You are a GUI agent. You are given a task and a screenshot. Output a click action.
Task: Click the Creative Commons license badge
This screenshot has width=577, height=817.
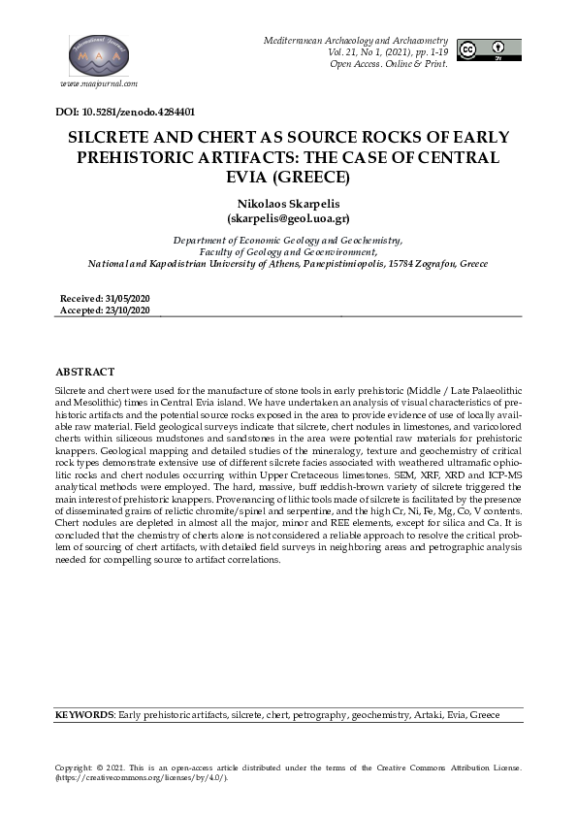click(489, 50)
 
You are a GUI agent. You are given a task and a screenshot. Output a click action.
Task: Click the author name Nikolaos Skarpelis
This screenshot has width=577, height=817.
click(287, 204)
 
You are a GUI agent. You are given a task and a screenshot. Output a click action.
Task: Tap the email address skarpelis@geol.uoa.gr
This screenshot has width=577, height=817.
click(288, 219)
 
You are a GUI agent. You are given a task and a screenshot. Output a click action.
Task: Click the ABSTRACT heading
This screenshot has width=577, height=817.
click(85, 372)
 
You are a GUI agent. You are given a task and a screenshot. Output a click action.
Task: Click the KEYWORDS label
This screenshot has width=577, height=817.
click(84, 714)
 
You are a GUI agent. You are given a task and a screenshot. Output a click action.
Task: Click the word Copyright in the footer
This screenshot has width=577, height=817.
click(75, 767)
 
